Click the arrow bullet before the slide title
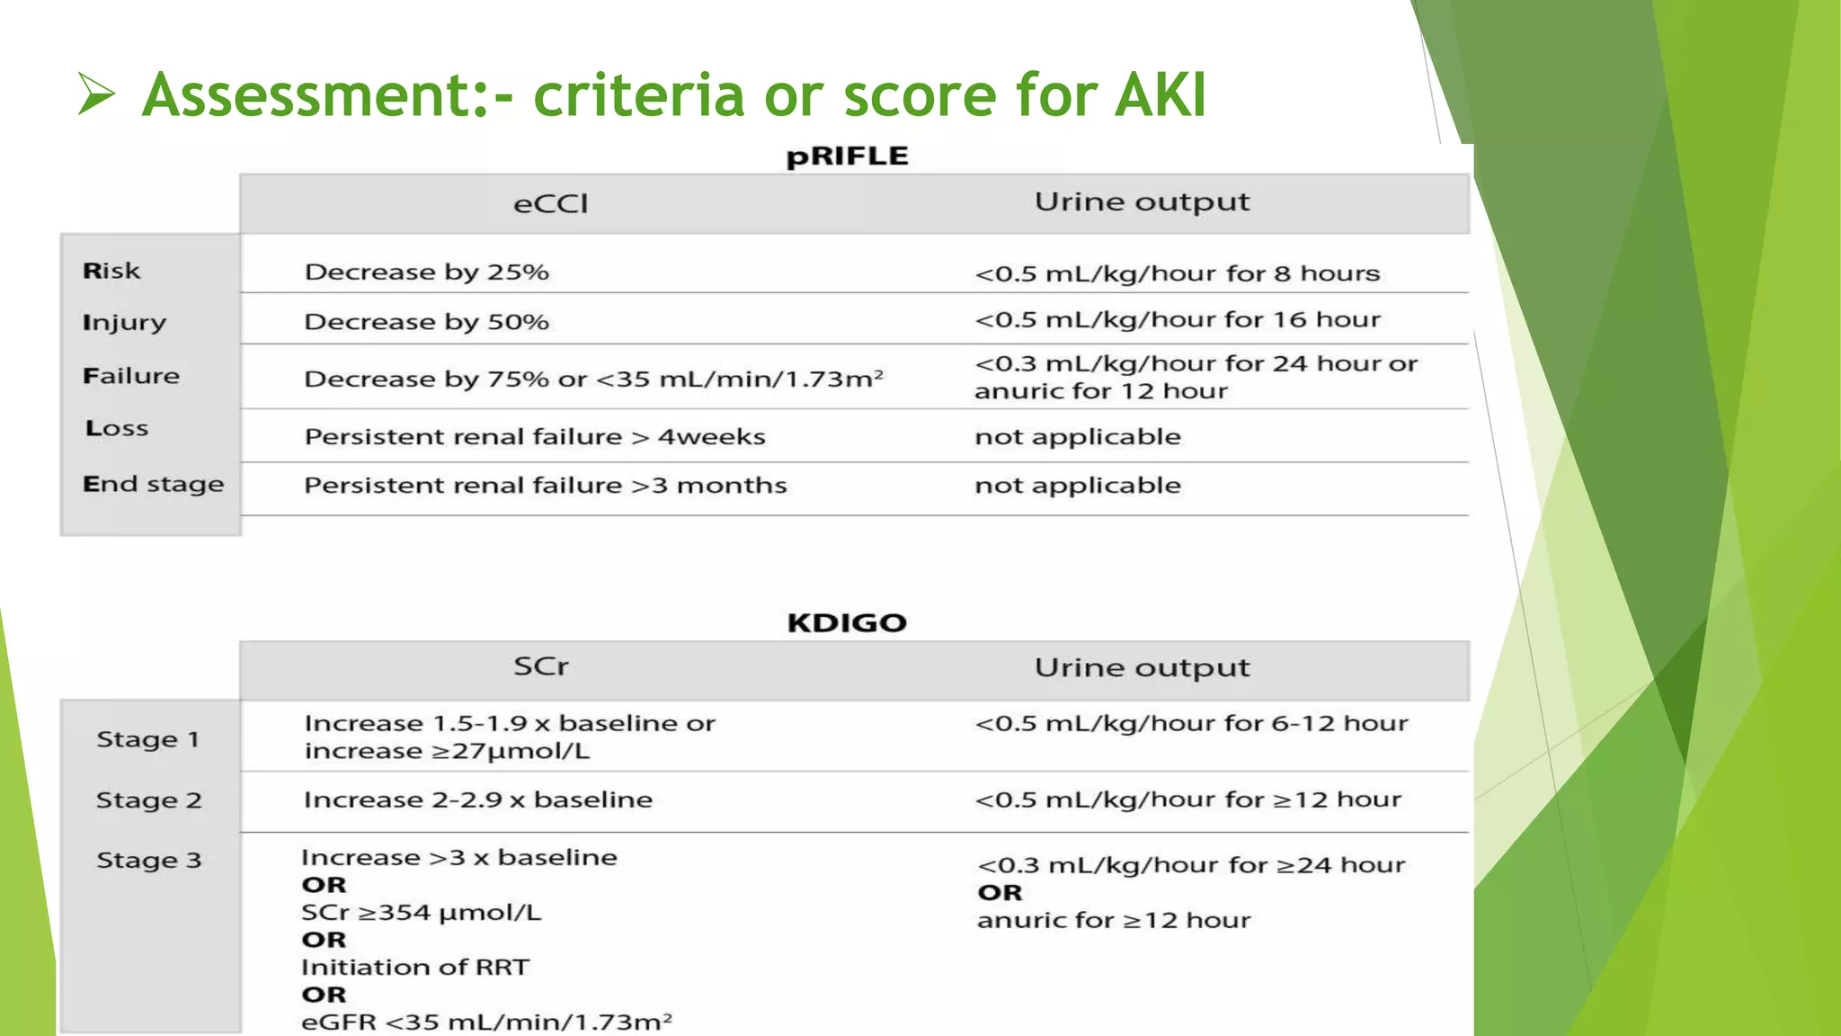pyautogui.click(x=96, y=94)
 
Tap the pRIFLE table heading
pyautogui.click(x=847, y=156)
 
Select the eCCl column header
pyautogui.click(x=550, y=204)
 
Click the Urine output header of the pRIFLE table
pyautogui.click(x=1142, y=202)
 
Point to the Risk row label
pyautogui.click(x=111, y=271)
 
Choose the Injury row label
pyautogui.click(x=124, y=323)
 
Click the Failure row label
pyautogui.click(x=131, y=376)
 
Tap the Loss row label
pyautogui.click(x=117, y=428)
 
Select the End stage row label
pyautogui.click(x=153, y=485)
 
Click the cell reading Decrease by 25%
pyautogui.click(x=426, y=272)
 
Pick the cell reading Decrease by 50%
pyautogui.click(x=426, y=322)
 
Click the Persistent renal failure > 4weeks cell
pyautogui.click(x=535, y=437)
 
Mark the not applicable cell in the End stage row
pyautogui.click(x=1078, y=486)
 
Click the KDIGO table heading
pyautogui.click(x=847, y=622)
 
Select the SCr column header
pyautogui.click(x=541, y=666)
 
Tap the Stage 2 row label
pyautogui.click(x=148, y=800)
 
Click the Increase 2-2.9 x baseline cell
pyautogui.click(x=478, y=799)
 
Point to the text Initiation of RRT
pyautogui.click(x=415, y=968)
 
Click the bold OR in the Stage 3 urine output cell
pyautogui.click(x=1000, y=893)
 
